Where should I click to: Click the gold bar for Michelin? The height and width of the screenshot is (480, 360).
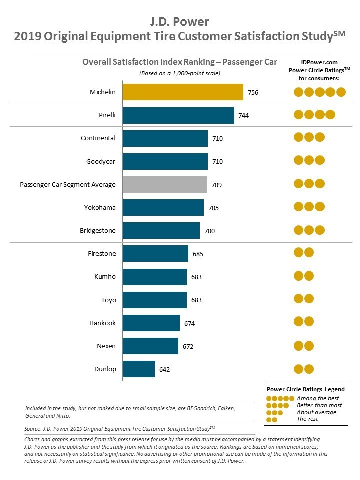point(183,92)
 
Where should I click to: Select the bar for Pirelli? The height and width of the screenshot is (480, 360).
point(178,115)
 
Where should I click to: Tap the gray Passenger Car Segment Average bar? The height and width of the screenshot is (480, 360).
point(165,184)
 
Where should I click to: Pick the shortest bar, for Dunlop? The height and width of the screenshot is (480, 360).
point(139,369)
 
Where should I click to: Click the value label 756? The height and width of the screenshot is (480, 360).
point(253,92)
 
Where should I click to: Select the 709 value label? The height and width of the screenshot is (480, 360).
point(216,185)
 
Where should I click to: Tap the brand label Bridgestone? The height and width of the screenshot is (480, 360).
point(98,231)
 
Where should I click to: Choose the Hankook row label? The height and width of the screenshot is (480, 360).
point(102,323)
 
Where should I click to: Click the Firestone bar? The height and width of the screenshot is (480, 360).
point(155,254)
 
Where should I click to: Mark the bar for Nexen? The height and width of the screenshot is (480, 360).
point(150,346)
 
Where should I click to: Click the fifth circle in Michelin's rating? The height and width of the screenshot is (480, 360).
point(341,92)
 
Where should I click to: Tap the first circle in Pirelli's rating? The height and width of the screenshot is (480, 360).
point(298,115)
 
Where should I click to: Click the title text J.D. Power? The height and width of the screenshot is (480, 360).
point(180,22)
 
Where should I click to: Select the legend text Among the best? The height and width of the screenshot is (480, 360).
point(318,398)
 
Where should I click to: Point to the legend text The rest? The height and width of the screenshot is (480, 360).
point(307,419)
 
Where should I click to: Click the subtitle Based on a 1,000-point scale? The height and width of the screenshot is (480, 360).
point(179,73)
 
